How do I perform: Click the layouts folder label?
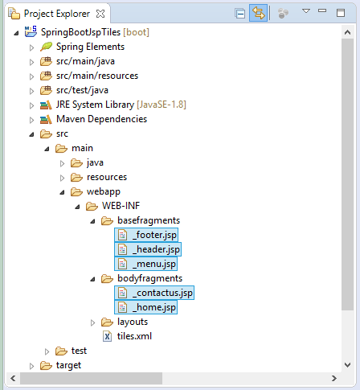(x=133, y=322)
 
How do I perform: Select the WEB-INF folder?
(x=121, y=206)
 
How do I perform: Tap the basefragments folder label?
(x=149, y=220)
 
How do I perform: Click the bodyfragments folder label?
(x=149, y=278)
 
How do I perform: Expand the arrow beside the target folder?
(x=31, y=366)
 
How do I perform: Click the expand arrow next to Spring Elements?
(x=31, y=47)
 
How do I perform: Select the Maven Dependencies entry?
(x=101, y=119)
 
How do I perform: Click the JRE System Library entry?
(x=95, y=105)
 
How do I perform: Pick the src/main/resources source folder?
(x=97, y=76)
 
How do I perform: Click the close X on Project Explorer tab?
(x=100, y=14)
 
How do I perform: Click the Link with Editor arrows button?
(x=258, y=13)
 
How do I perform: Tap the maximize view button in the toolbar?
(x=341, y=13)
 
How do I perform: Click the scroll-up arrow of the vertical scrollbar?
(x=348, y=32)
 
